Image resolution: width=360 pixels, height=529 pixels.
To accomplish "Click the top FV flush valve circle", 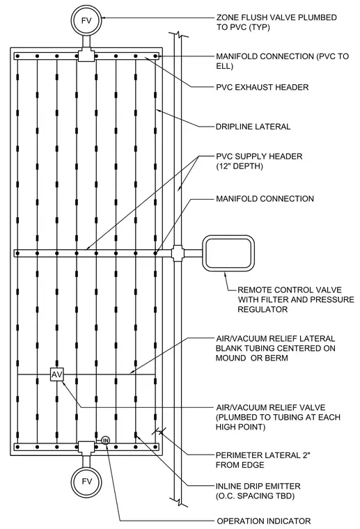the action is click(87, 20).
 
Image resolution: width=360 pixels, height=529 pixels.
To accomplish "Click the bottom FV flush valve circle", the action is click(87, 482).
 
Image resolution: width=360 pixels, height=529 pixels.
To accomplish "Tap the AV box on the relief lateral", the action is click(56, 374).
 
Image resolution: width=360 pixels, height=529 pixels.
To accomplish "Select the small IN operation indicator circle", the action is click(106, 441).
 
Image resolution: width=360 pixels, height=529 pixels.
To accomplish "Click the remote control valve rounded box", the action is click(228, 253).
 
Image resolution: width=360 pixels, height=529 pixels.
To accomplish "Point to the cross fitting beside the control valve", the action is click(178, 253).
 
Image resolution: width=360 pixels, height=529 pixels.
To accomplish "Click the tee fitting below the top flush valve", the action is click(86, 55).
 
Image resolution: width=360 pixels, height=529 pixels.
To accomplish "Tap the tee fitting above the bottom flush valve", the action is click(86, 447).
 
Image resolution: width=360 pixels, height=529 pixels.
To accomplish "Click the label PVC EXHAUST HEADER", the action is click(262, 88).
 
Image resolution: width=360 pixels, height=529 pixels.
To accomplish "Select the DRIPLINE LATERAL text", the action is click(253, 127).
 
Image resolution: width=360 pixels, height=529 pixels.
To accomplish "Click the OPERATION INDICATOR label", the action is click(263, 521).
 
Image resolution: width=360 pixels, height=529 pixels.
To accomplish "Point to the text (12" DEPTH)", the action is click(240, 166).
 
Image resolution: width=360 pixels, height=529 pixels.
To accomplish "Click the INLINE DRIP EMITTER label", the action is click(258, 486).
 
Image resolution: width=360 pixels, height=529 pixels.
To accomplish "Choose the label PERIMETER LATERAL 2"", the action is click(263, 455).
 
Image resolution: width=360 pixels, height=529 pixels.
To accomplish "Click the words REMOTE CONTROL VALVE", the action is click(285, 290).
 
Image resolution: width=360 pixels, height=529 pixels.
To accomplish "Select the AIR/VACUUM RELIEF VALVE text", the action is click(271, 408).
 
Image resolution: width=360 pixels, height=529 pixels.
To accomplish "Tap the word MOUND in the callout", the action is click(230, 358).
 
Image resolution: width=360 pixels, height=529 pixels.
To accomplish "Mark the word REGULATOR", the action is click(263, 309).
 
